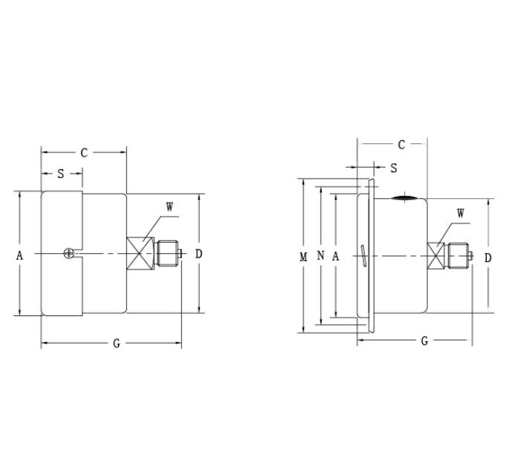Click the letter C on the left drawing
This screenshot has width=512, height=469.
pyautogui.click(x=84, y=153)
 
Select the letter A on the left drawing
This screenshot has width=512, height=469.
pyautogui.click(x=20, y=255)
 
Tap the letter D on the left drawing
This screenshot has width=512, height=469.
pyautogui.click(x=199, y=254)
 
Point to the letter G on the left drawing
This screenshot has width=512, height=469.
pyautogui.click(x=117, y=344)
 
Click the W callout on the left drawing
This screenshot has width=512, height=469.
pyautogui.click(x=169, y=208)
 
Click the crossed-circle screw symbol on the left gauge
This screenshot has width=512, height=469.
pyautogui.click(x=69, y=254)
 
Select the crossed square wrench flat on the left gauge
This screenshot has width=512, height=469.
pyautogui.click(x=138, y=254)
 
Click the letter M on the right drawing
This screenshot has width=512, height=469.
pyautogui.click(x=302, y=257)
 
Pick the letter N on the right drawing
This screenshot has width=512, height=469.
pyautogui.click(x=320, y=256)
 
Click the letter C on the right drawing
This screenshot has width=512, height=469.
pyautogui.click(x=401, y=145)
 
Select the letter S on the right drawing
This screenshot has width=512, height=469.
pyautogui.click(x=394, y=168)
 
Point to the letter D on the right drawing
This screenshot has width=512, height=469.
pyautogui.click(x=487, y=258)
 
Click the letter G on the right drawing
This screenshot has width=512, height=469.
pyautogui.click(x=424, y=341)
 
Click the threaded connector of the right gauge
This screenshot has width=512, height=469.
pyautogui.click(x=457, y=257)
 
